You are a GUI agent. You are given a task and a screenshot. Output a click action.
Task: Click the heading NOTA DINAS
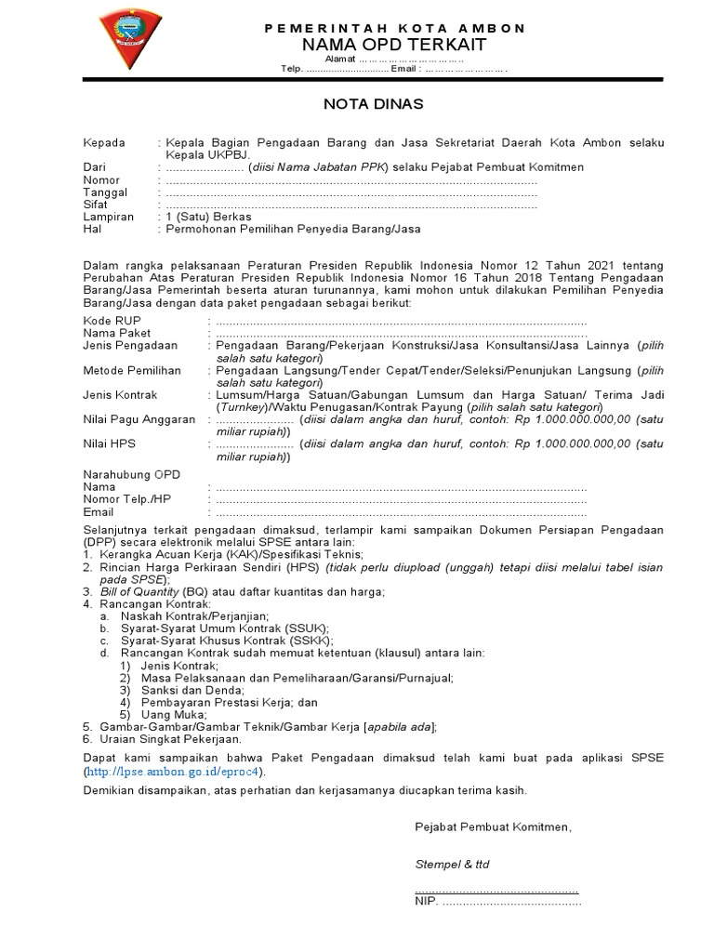point(372,104)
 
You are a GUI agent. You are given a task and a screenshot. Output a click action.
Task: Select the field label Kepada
point(104,142)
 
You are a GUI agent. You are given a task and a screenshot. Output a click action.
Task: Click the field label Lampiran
point(107,216)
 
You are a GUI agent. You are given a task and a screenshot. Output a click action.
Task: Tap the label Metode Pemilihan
point(133,369)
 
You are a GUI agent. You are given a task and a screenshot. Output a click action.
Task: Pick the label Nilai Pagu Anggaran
point(139,419)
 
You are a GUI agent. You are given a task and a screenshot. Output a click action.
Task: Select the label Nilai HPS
point(109,444)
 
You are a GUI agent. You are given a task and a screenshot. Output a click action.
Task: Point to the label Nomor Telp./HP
point(127,499)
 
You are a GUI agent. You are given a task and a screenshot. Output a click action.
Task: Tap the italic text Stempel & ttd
point(452,864)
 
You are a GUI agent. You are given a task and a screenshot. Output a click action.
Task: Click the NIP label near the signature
point(426,901)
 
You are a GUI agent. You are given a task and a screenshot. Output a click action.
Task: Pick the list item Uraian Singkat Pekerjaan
point(169,738)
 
